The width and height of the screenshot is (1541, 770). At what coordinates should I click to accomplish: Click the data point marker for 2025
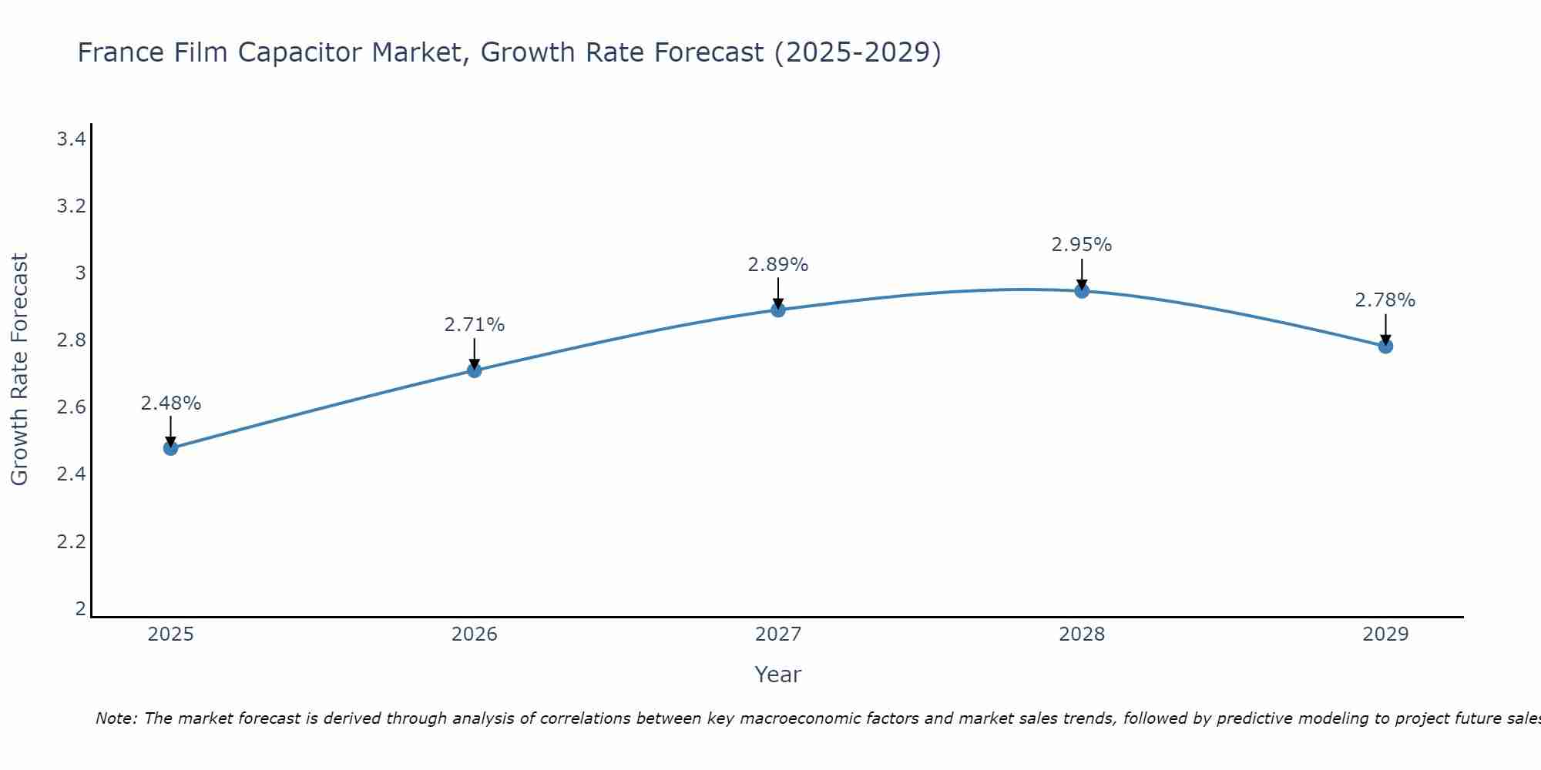pyautogui.click(x=171, y=448)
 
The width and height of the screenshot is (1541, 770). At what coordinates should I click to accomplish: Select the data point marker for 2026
pyautogui.click(x=475, y=370)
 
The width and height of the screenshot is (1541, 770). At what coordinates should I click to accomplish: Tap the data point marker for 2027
pyautogui.click(x=778, y=310)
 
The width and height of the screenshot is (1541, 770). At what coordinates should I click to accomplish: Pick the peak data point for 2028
pyautogui.click(x=1082, y=290)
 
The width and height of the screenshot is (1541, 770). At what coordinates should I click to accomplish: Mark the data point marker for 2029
pyautogui.click(x=1385, y=346)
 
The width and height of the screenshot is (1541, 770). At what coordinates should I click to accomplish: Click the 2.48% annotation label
pyautogui.click(x=171, y=403)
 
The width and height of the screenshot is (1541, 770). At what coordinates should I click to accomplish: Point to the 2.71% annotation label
pyautogui.click(x=475, y=325)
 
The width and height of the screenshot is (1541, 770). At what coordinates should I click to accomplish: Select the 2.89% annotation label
pyautogui.click(x=778, y=265)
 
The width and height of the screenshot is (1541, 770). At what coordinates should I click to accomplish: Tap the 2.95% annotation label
pyautogui.click(x=1082, y=245)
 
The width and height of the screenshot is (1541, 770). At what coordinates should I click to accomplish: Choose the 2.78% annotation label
pyautogui.click(x=1385, y=300)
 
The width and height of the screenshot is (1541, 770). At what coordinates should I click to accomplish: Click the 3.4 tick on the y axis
pyautogui.click(x=71, y=139)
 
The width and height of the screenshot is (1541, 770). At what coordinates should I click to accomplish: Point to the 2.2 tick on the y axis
pyautogui.click(x=71, y=542)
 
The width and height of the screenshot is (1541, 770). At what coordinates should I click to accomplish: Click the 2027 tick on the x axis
pyautogui.click(x=778, y=634)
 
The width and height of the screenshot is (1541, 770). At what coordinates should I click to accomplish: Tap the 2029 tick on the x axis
pyautogui.click(x=1385, y=634)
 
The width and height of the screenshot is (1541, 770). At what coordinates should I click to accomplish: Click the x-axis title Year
pyautogui.click(x=778, y=675)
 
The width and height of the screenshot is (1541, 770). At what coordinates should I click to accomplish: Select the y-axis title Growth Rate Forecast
pyautogui.click(x=20, y=370)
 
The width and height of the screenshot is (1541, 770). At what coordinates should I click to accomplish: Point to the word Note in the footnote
pyautogui.click(x=116, y=718)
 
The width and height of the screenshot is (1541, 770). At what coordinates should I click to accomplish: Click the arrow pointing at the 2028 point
pyautogui.click(x=1082, y=273)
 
